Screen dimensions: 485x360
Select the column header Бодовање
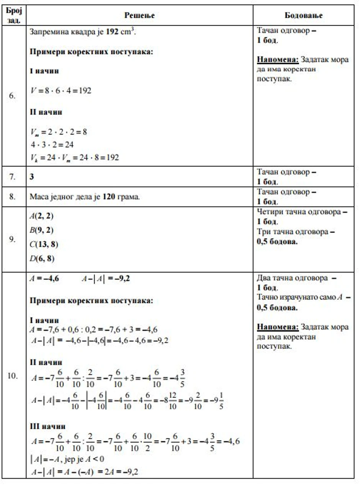tap(304, 15)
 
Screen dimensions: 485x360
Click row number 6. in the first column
tap(12, 96)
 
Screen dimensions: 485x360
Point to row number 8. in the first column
tap(12, 198)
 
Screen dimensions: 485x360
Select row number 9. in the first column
tap(12, 239)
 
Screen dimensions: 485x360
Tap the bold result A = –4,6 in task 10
tap(44, 279)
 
